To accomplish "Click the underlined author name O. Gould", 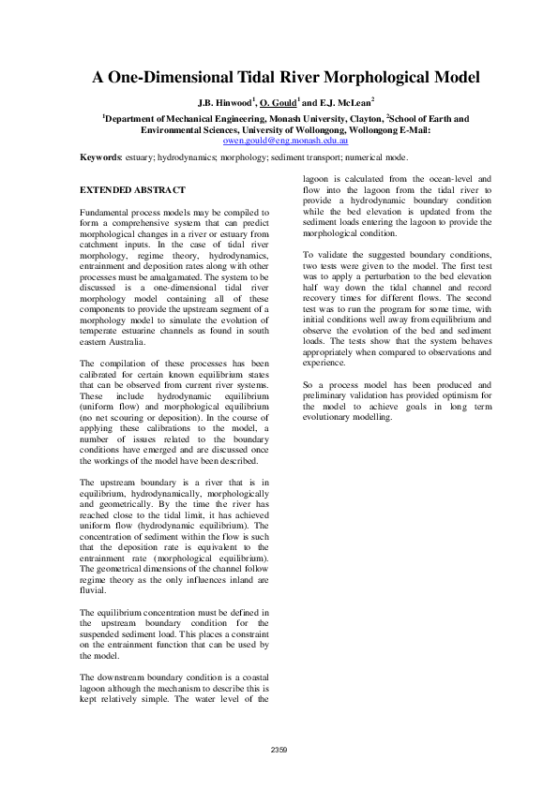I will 286,101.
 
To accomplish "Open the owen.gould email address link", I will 279,138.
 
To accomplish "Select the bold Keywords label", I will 102,157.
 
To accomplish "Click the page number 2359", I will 279,749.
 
